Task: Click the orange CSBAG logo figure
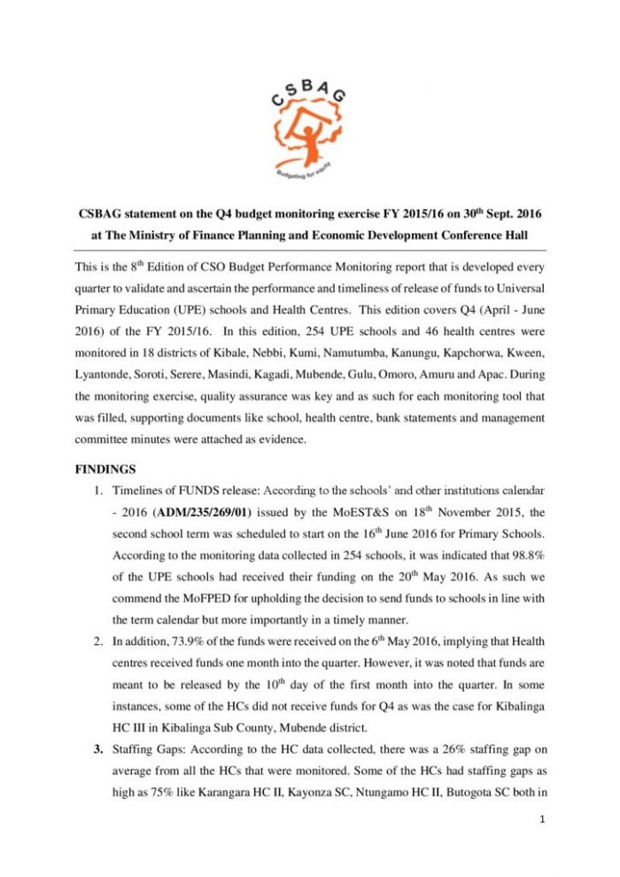309,127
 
